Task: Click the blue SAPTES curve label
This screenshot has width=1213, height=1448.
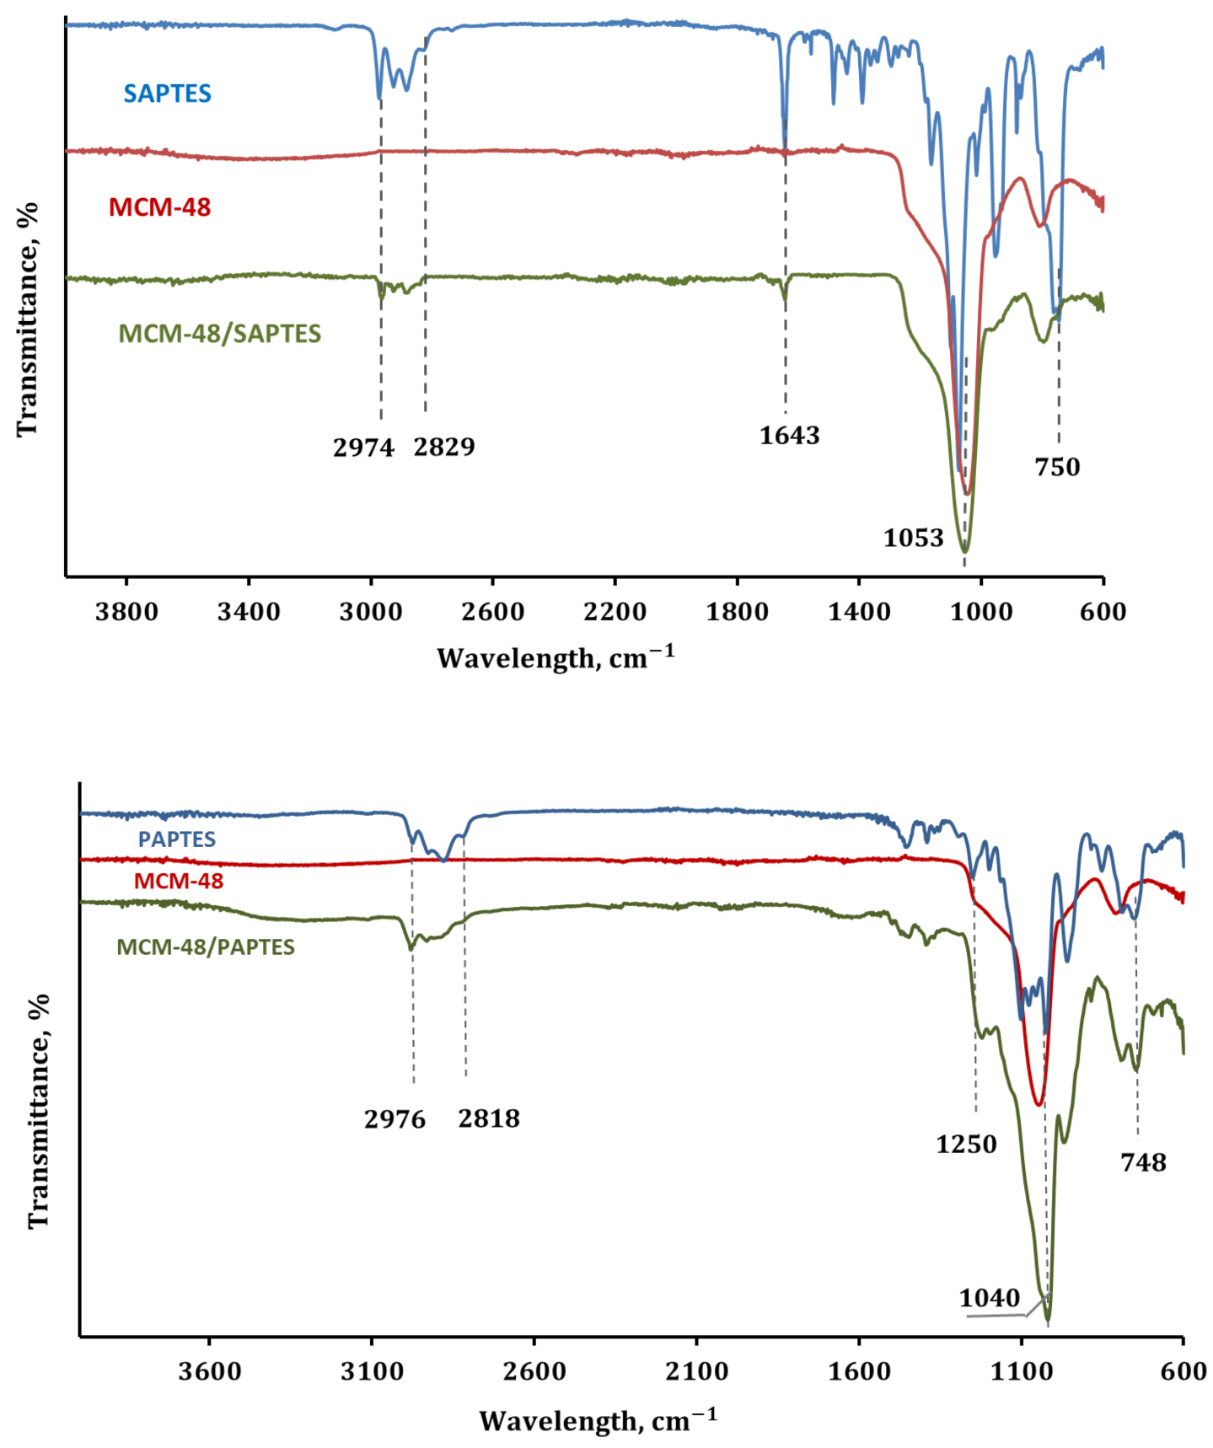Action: coord(167,94)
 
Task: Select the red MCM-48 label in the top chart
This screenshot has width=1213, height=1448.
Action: coord(159,207)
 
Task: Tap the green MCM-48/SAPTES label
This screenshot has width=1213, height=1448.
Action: coord(219,334)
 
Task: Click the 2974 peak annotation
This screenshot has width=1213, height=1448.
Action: coord(363,448)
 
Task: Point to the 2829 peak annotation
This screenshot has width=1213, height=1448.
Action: coord(444,447)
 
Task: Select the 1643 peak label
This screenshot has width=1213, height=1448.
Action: coord(789,436)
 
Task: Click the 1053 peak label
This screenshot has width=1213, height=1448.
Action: coord(913,538)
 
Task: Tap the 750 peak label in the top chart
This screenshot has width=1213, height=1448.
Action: coord(1057,467)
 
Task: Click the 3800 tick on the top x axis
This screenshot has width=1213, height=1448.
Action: coord(126,611)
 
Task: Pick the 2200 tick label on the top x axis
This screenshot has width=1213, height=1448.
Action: coord(615,611)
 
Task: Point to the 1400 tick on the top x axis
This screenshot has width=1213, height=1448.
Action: coord(859,611)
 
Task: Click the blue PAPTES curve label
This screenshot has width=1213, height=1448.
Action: coord(177,839)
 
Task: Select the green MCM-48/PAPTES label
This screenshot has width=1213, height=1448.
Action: coord(206,947)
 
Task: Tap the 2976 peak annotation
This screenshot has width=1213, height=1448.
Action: coord(394,1119)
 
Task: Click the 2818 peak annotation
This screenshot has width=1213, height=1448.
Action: coord(489,1118)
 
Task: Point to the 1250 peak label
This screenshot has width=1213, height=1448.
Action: coord(966,1145)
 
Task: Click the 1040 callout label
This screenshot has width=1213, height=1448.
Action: coord(989,1298)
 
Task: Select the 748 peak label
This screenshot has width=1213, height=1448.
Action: coord(1143,1163)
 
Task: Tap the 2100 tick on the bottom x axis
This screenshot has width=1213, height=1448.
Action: coord(696,1371)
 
